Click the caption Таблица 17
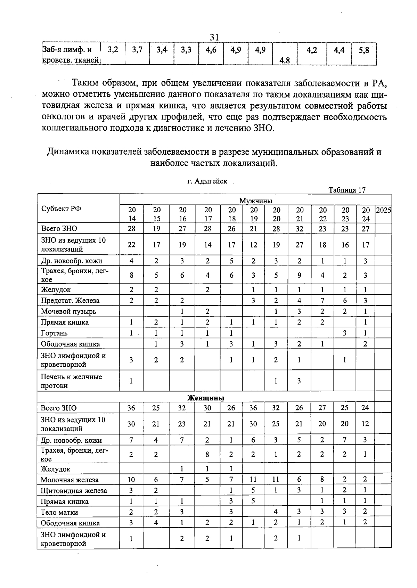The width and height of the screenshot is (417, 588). (347, 190)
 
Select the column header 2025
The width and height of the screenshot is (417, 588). (383, 210)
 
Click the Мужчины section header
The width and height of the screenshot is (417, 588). (255, 201)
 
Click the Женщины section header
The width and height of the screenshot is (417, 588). (206, 398)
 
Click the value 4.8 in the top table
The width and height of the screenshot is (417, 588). (285, 61)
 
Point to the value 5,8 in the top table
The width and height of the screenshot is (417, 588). (364, 50)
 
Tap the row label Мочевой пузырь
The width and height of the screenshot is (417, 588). (68, 311)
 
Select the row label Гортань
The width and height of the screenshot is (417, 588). (54, 333)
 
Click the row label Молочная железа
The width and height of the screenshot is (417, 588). (69, 480)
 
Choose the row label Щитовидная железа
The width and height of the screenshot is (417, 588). (74, 491)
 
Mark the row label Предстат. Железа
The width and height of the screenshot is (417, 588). (70, 301)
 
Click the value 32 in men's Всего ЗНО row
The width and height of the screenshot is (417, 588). (299, 229)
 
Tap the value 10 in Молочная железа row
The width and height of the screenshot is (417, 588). (131, 480)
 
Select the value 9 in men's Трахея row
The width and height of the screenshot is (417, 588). (299, 276)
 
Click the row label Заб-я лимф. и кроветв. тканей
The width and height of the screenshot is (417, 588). (71, 55)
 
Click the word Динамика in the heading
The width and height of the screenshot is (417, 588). (65, 152)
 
